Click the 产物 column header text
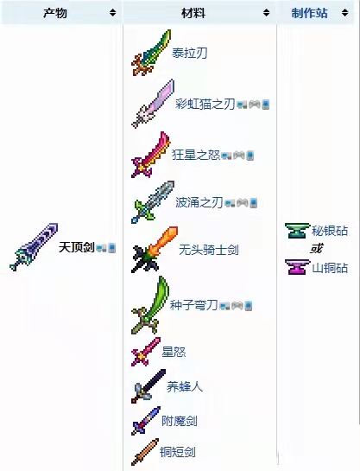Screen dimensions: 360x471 (55, 13)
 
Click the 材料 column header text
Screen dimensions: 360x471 (193, 13)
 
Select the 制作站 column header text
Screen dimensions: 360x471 (309, 13)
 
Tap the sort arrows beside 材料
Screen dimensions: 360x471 (266, 13)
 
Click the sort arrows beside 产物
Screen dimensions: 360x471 (112, 13)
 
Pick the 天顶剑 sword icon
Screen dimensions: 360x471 (34, 247)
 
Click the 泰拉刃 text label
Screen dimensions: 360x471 (189, 54)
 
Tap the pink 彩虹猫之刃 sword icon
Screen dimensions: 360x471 (153, 104)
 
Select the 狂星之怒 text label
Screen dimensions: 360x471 (196, 155)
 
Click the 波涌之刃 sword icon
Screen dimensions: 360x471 (153, 202)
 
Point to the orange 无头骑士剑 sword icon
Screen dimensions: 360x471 (155, 250)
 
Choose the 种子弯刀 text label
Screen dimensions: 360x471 (193, 305)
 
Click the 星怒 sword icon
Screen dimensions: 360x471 (146, 352)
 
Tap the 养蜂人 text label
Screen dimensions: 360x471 (185, 386)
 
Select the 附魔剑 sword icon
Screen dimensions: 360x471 (146, 421)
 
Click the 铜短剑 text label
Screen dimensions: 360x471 (178, 452)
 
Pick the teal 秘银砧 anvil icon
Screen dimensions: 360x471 (297, 231)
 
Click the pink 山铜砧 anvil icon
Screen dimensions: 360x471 (297, 267)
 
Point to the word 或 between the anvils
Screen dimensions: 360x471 (316, 249)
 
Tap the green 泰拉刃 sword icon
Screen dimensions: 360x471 (151, 53)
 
